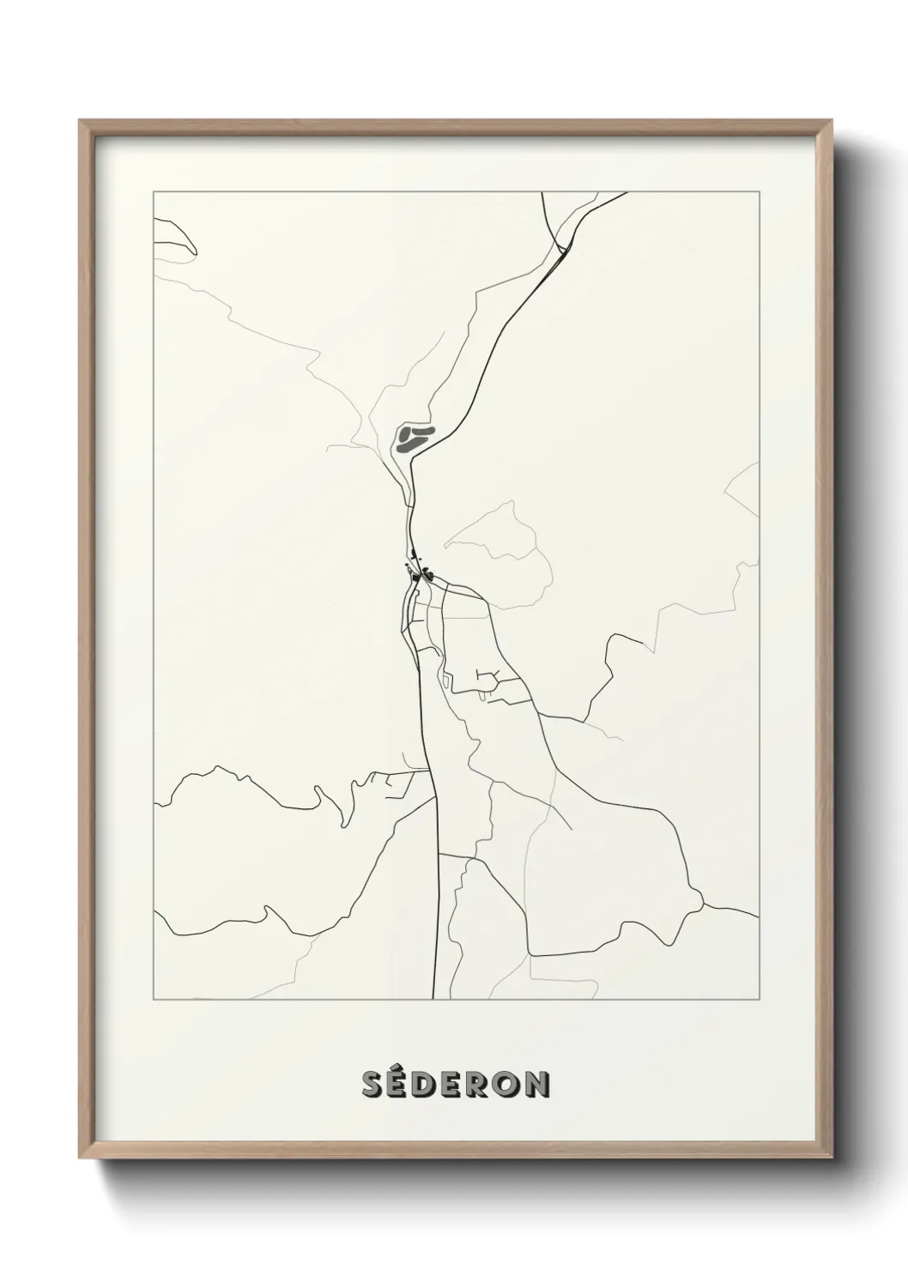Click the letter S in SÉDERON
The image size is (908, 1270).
point(373,1086)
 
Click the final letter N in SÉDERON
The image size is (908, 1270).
point(538,1086)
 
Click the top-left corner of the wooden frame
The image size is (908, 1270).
point(80,121)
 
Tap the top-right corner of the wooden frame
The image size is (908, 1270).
point(833,121)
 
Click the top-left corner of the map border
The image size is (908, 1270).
point(153,191)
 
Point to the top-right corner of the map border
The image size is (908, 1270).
point(760,191)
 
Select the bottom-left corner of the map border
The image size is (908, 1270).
point(153,1000)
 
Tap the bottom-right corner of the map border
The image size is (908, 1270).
point(760,1000)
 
